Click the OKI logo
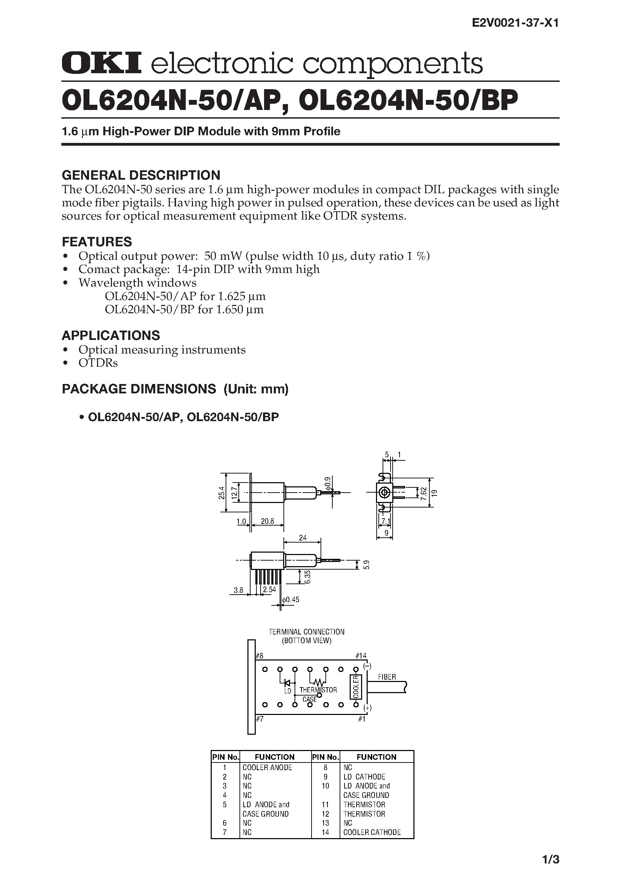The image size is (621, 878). point(101,63)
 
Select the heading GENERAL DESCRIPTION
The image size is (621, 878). point(141,175)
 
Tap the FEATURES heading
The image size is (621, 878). point(97,242)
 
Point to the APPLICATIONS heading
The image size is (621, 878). point(111,335)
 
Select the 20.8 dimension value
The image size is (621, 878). point(267,521)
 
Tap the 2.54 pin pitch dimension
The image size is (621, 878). point(269,590)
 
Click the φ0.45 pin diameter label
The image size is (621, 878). point(291,600)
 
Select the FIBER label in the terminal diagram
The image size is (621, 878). point(387,677)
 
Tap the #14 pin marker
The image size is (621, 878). point(361,656)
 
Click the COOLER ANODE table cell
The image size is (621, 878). point(267,767)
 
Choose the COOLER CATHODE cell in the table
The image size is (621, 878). point(372,832)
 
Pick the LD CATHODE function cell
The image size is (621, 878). point(364,777)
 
